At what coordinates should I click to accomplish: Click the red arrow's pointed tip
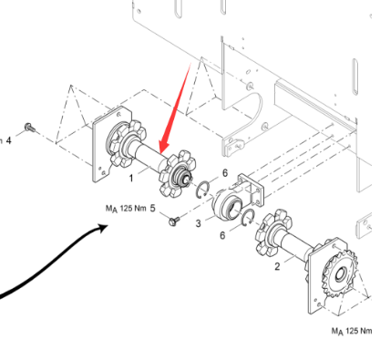tap(161, 153)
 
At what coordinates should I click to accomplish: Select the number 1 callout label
tap(131, 178)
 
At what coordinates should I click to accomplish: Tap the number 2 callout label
tap(277, 266)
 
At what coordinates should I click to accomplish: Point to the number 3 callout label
tap(198, 223)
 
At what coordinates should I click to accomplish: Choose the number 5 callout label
tap(152, 208)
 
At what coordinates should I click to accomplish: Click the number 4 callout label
tap(8, 140)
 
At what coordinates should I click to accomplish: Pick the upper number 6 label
tap(225, 173)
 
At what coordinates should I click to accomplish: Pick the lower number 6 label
tap(222, 235)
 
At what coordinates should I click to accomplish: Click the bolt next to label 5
tap(174, 221)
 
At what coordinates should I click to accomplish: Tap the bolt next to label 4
tap(29, 128)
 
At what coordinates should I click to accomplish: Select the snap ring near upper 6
tap(202, 190)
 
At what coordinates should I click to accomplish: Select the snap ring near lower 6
tap(249, 218)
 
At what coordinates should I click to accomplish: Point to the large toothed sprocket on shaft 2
tap(340, 275)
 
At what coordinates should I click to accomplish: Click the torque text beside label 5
tap(126, 209)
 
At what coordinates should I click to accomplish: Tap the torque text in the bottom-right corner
tap(352, 331)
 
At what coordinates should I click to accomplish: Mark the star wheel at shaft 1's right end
tap(178, 173)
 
